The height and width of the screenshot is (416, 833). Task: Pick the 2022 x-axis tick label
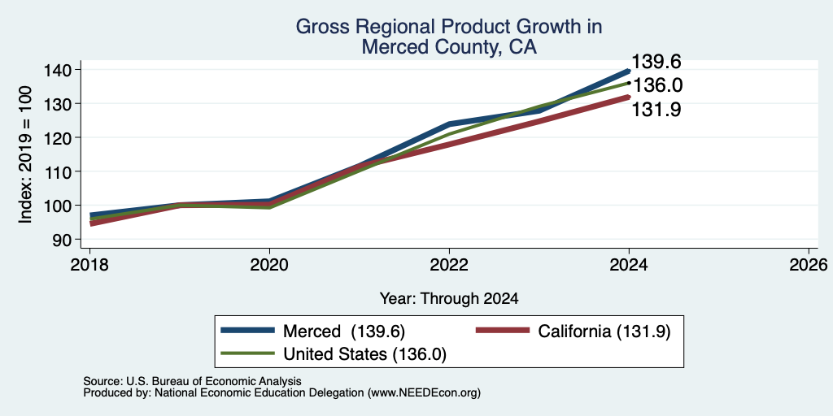point(449,264)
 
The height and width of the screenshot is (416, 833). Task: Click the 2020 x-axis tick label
point(269,264)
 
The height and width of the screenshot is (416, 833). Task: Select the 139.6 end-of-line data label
point(656,62)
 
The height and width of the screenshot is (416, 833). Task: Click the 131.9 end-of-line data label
point(656,110)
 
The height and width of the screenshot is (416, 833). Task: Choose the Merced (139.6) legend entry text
point(344,331)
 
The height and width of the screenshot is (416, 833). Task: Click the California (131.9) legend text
point(604,331)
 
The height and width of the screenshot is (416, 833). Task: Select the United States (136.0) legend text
point(365,354)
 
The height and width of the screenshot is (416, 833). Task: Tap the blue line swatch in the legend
point(248,330)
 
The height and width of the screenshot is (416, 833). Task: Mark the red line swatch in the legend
point(503,330)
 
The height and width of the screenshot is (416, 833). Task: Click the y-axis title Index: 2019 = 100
point(27,154)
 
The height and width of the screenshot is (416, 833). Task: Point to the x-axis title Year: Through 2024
point(449,299)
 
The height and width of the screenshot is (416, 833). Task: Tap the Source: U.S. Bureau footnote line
point(192,381)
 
